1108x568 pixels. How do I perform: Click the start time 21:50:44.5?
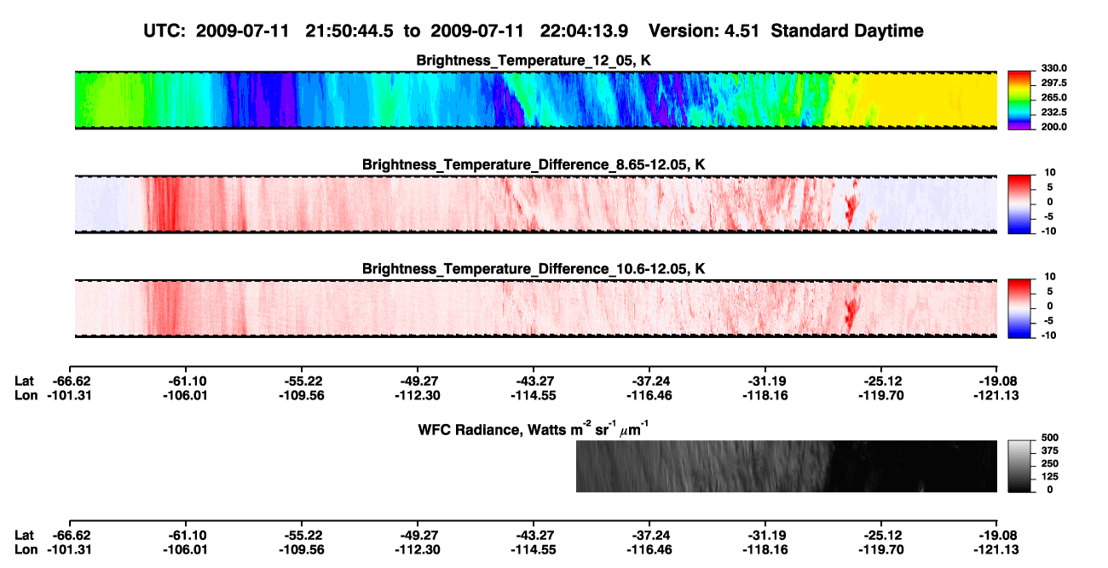tap(349, 31)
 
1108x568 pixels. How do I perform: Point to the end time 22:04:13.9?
tap(584, 31)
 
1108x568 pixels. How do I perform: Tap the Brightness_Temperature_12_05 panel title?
tap(534, 60)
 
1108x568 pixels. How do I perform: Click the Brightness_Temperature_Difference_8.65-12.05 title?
tap(534, 164)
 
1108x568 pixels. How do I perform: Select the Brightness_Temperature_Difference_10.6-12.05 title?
tap(534, 269)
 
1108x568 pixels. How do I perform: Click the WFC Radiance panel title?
tap(534, 428)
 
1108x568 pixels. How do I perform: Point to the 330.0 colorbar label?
tap(1053, 68)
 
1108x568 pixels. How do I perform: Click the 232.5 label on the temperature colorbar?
tap(1053, 112)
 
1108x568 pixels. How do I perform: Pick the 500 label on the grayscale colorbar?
tap(1050, 438)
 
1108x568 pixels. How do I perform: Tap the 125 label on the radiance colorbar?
tap(1050, 477)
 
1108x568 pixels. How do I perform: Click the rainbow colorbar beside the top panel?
tap(1019, 100)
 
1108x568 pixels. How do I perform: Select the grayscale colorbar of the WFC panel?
tap(1019, 466)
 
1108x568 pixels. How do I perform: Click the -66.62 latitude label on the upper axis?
tap(72, 382)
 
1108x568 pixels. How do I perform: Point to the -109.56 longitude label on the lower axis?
tap(301, 550)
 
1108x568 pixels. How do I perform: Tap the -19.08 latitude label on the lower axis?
tap(998, 536)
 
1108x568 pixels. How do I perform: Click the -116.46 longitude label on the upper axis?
tap(649, 395)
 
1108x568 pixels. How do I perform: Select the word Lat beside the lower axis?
tap(24, 536)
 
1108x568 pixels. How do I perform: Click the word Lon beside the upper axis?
tap(26, 395)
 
